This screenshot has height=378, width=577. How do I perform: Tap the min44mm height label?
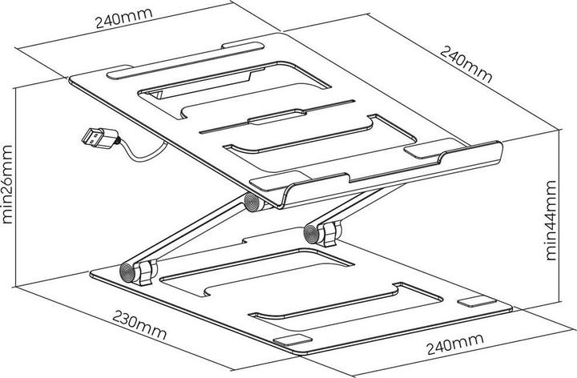click(551, 218)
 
